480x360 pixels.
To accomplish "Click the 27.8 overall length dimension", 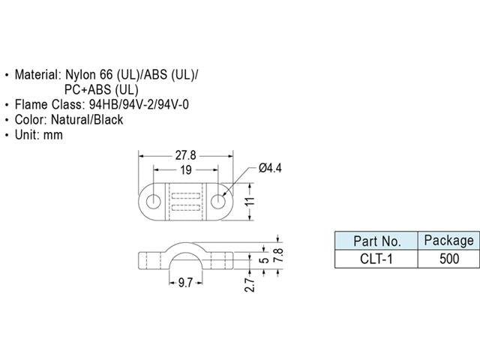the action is [x=185, y=155].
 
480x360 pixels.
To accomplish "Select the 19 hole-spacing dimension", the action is [x=186, y=170].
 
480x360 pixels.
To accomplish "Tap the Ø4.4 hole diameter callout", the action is [x=270, y=168].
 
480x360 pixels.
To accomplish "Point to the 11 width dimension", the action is [x=250, y=202].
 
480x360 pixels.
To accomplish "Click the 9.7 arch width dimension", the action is [x=185, y=283].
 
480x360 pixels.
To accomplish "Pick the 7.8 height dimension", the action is [x=279, y=255].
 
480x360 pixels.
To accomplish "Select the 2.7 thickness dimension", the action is [x=250, y=285].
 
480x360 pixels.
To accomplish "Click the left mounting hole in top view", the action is [x=153, y=202].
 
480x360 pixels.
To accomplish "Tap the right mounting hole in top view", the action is [x=218, y=202].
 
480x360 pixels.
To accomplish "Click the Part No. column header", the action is [x=377, y=241].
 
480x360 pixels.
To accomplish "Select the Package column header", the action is [x=448, y=241].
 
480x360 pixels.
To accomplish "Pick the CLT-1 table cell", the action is [x=376, y=259].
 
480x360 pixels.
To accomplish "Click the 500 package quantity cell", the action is [x=449, y=259].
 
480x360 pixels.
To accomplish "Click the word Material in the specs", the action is [x=38, y=74].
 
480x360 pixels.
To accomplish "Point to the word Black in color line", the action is [x=108, y=120].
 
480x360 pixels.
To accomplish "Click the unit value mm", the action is [x=53, y=135].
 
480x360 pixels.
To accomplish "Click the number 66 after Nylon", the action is [x=106, y=74].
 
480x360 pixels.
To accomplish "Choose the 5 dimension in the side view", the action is [x=265, y=260].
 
